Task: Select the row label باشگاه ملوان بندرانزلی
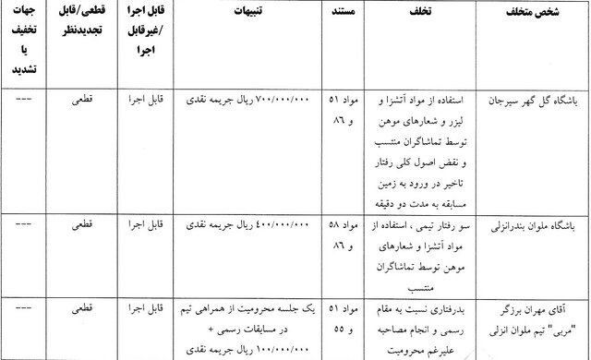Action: tap(534, 225)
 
